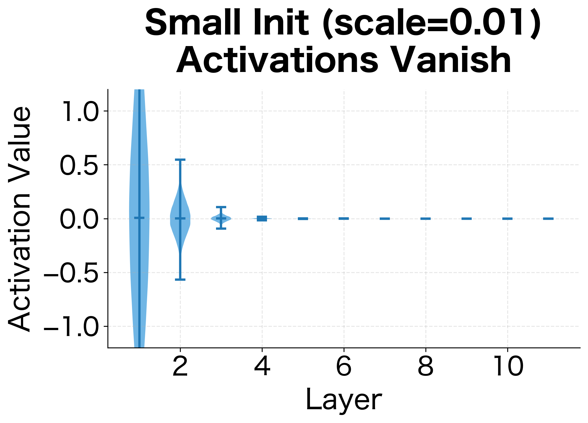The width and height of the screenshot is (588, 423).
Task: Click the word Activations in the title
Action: [277, 60]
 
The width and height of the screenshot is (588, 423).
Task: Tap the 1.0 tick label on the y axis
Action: [79, 111]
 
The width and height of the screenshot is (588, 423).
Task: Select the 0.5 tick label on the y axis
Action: [79, 165]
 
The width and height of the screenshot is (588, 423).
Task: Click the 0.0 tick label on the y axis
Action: [79, 219]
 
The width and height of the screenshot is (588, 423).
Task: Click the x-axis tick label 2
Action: [180, 366]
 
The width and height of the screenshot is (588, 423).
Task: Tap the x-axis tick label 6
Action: [344, 366]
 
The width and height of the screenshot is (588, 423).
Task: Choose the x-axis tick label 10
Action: [508, 366]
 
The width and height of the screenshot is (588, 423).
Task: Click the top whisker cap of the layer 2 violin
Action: [180, 160]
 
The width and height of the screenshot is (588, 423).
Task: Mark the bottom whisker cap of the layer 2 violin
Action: [180, 280]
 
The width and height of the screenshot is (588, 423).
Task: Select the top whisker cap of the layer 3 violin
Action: [221, 207]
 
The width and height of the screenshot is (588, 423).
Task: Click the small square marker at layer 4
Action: [262, 219]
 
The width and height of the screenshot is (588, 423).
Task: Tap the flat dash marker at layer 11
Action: [548, 219]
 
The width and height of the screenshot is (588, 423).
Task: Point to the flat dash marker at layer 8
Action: [425, 219]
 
